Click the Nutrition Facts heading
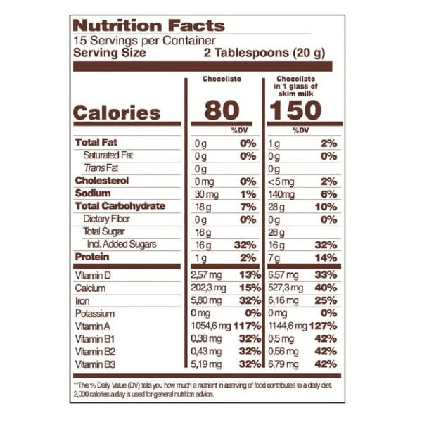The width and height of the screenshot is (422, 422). [x=148, y=26]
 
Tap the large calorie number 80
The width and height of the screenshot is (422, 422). [x=222, y=110]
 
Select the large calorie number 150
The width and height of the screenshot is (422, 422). [x=303, y=110]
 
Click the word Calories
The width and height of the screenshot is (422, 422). [x=117, y=113]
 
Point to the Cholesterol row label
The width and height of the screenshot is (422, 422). [x=104, y=181]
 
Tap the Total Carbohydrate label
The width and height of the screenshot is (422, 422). [x=120, y=206]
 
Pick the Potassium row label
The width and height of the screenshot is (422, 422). [x=94, y=314]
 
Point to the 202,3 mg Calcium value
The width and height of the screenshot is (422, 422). [x=208, y=288]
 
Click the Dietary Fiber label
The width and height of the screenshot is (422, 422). [x=106, y=219]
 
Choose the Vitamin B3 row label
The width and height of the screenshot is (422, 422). [x=96, y=364]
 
